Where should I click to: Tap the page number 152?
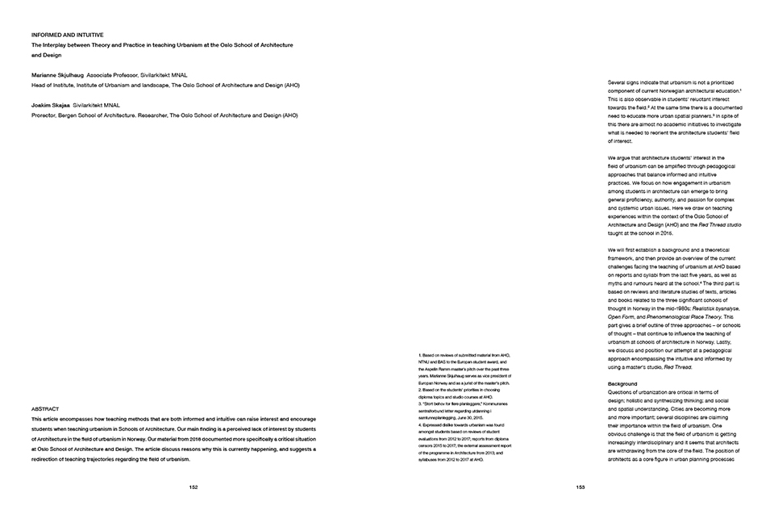click(193, 487)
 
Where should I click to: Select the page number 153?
click(580, 487)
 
